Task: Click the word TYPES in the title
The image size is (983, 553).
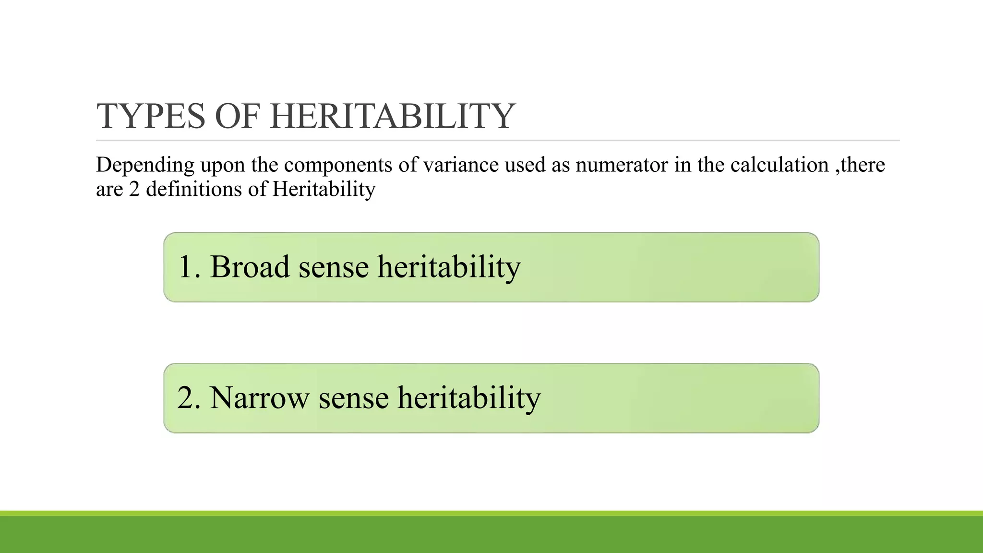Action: tap(151, 116)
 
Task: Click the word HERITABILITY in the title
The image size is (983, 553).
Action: tap(392, 116)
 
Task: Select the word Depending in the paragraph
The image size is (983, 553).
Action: tap(145, 166)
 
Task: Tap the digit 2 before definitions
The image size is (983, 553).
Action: tap(134, 189)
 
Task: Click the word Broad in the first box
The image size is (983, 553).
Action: tap(250, 267)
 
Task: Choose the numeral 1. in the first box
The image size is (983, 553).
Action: tap(189, 267)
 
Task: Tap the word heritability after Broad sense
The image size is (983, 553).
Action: tap(449, 268)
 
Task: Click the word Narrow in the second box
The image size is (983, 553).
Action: tap(259, 398)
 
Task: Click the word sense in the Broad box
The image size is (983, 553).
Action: tap(334, 268)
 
